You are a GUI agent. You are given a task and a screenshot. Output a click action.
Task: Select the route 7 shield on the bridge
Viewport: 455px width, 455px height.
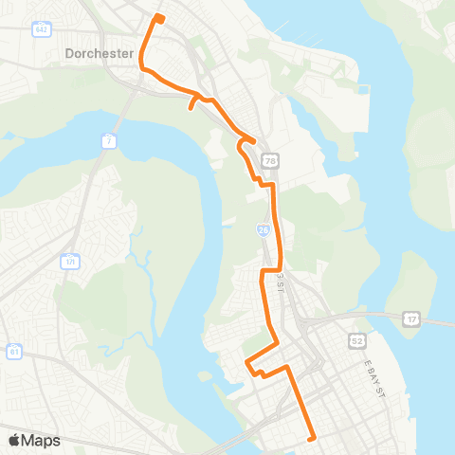click(x=109, y=140)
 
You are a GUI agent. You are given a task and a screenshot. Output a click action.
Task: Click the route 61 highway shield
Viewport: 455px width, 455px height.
click(x=12, y=352)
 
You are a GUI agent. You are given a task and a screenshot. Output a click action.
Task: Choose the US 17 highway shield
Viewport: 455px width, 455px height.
click(x=410, y=318)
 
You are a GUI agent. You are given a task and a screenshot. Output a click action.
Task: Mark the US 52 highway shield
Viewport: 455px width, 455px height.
click(x=355, y=339)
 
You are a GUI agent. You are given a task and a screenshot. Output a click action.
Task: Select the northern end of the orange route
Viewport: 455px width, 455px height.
click(x=158, y=17)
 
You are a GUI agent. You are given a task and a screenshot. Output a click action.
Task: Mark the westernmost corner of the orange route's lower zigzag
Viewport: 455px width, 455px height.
click(x=247, y=363)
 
